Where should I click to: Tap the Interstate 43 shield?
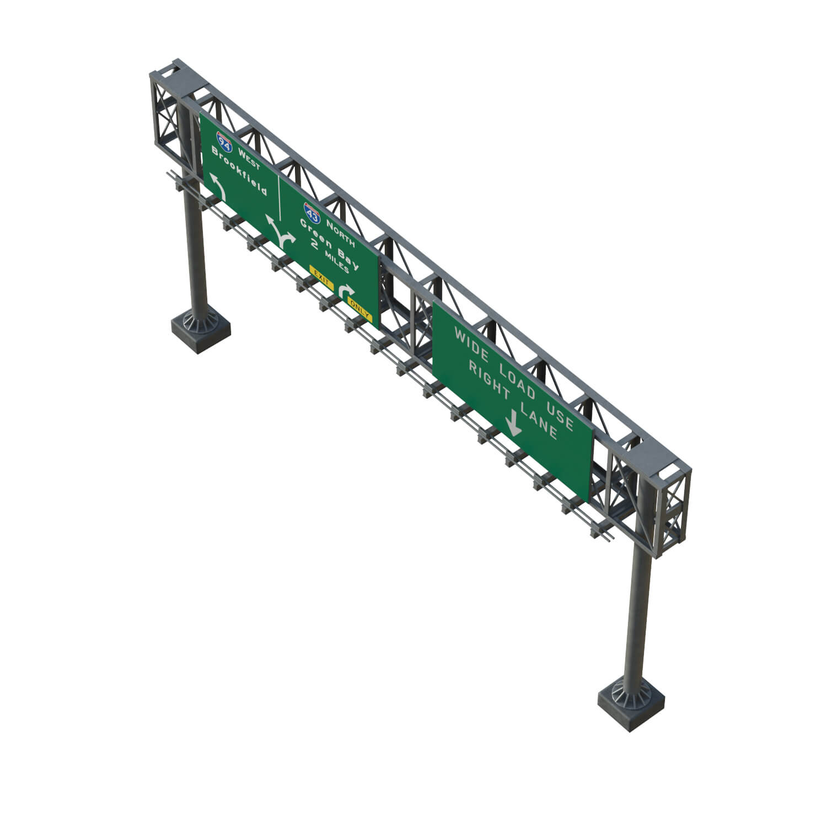(312, 212)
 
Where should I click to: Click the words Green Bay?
(329, 244)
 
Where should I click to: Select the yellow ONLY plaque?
(359, 312)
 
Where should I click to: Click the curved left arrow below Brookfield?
(217, 186)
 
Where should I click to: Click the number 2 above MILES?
(315, 244)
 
